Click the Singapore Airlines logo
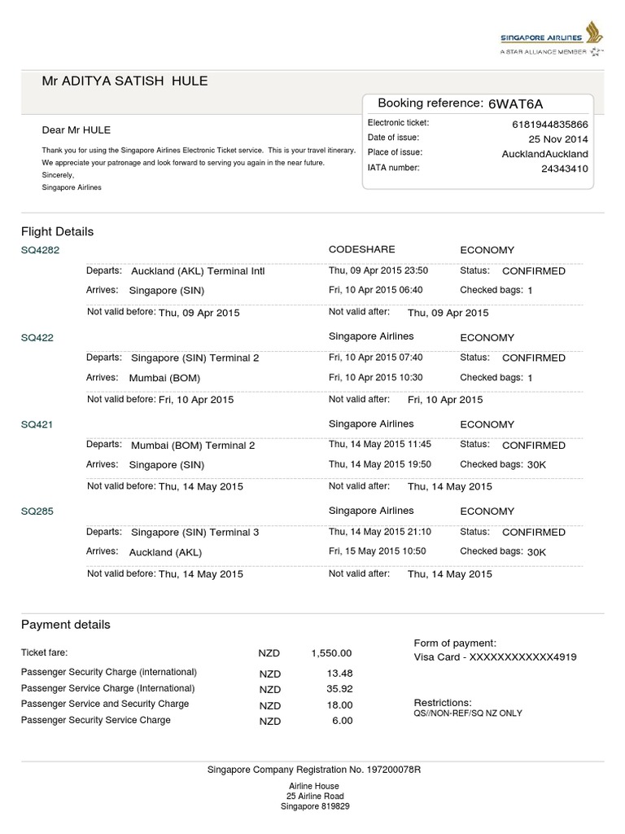coord(551,40)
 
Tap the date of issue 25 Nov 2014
coord(557,139)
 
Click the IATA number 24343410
coord(564,169)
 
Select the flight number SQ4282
coord(40,251)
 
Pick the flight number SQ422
coord(37,338)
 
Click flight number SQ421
coord(37,424)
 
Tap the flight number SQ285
coord(37,511)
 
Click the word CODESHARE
coord(361,250)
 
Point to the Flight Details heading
coord(57,231)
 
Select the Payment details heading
coord(65,625)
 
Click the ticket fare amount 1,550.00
coord(330,653)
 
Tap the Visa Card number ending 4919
coord(496,656)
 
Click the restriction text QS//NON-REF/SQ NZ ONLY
coord(468,713)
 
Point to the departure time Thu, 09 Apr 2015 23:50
coord(378,271)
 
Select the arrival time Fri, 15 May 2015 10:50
coord(378,551)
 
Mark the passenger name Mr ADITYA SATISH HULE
coord(125,81)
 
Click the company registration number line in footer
coord(313,770)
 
